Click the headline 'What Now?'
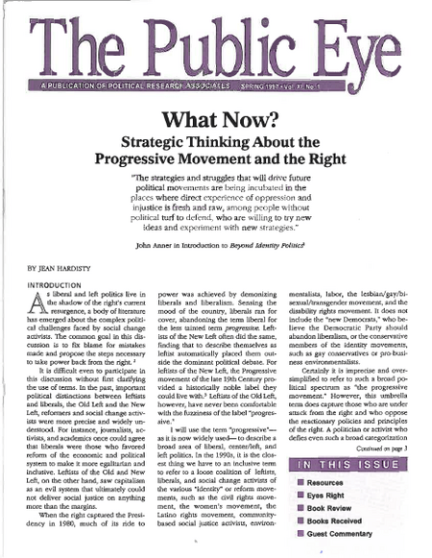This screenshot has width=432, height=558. pos(215,122)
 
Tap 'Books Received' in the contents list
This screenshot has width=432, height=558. pos(356,529)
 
